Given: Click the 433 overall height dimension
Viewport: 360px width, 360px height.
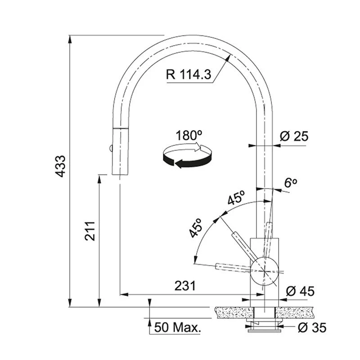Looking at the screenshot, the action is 61,166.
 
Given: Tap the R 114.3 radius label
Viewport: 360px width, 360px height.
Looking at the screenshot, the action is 188,74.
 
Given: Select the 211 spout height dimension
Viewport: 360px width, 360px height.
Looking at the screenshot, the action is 90,231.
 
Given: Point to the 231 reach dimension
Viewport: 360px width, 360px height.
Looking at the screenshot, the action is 185,286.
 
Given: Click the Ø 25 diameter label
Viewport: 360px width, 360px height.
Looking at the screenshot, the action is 294,136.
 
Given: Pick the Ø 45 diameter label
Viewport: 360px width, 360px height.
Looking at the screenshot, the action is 300,291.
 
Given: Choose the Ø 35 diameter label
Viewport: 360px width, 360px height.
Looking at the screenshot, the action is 312,328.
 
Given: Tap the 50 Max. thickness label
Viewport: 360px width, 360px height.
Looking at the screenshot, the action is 177,328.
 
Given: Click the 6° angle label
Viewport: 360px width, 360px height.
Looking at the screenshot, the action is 290,183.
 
